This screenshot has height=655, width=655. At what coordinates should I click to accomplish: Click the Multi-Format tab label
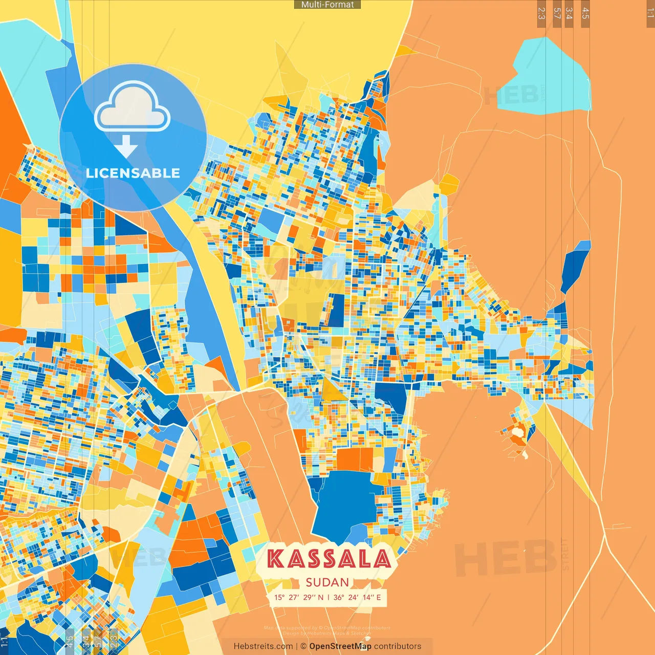click(x=327, y=5)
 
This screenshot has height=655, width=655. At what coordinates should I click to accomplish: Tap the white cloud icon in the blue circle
click(x=132, y=108)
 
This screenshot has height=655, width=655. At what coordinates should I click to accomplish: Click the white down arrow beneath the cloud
click(x=126, y=146)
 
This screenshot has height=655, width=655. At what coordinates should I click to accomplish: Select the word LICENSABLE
click(x=133, y=173)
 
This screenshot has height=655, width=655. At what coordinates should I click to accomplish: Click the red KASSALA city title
click(x=329, y=559)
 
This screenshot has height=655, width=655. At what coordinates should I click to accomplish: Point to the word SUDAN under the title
click(x=327, y=582)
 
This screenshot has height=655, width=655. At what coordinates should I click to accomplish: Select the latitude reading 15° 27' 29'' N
click(x=298, y=597)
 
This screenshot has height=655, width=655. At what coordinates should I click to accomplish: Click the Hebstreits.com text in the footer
click(x=263, y=646)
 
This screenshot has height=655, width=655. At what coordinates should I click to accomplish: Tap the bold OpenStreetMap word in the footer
click(x=340, y=646)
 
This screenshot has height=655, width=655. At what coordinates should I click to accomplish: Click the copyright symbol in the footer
click(x=303, y=646)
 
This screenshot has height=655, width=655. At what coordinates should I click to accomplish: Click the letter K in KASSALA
click(x=276, y=559)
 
